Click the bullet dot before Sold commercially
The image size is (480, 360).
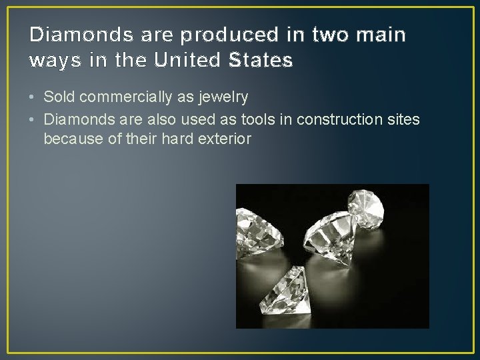[x=33, y=97]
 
